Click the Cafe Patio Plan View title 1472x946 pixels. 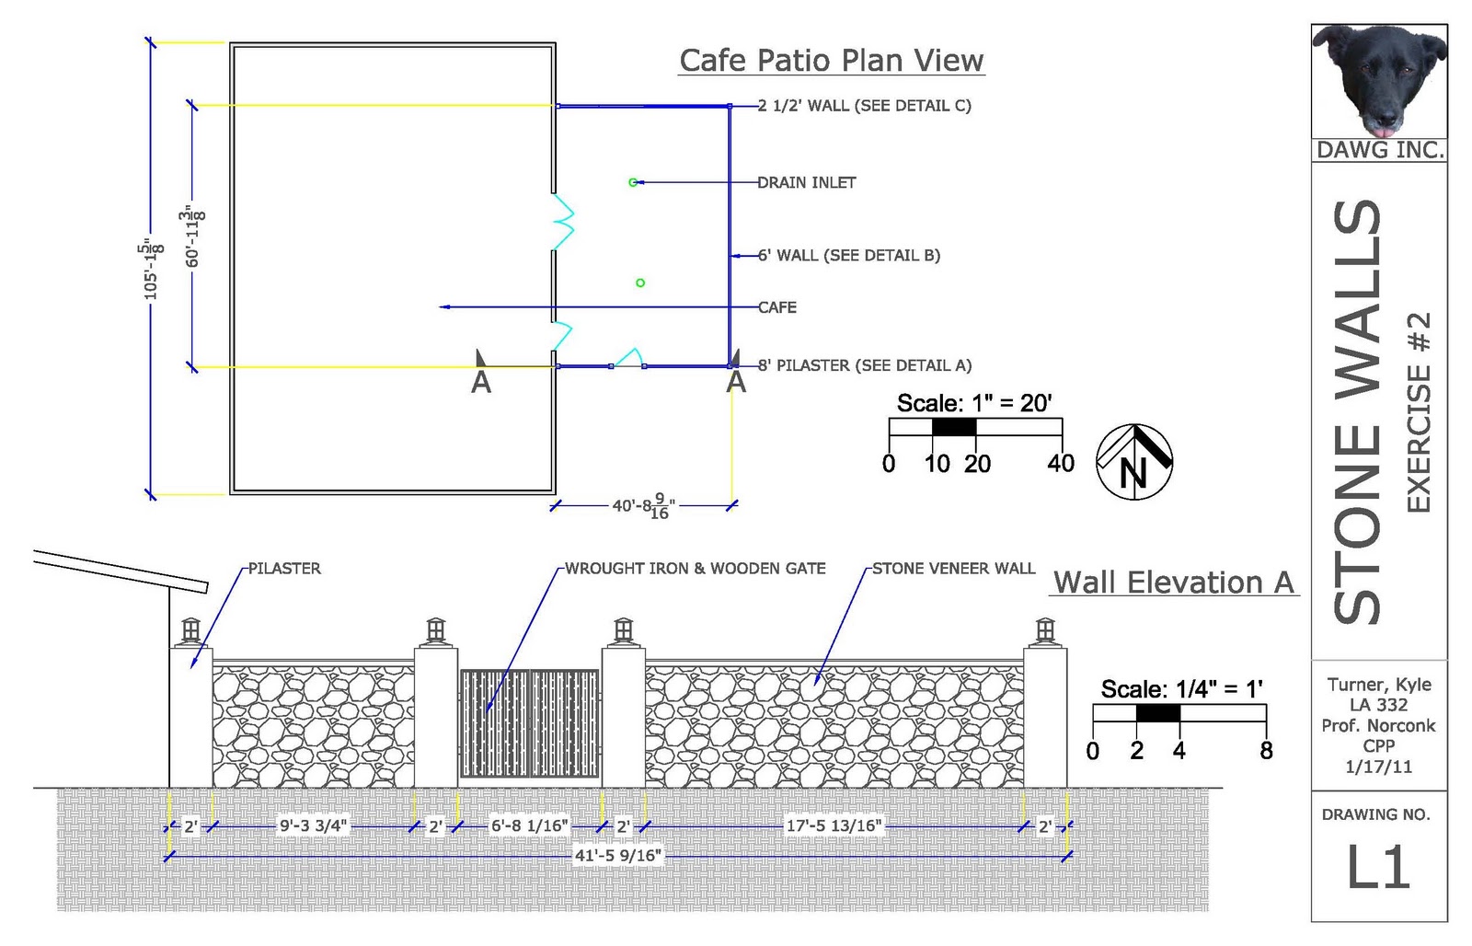pyautogui.click(x=832, y=61)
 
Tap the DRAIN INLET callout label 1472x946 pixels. pyautogui.click(x=806, y=182)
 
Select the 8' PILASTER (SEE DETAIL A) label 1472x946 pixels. pyautogui.click(x=865, y=365)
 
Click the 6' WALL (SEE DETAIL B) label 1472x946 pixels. pyautogui.click(x=848, y=255)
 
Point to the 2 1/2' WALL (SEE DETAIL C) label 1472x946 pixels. pyautogui.click(x=865, y=106)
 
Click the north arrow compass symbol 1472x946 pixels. pyautogui.click(x=1134, y=462)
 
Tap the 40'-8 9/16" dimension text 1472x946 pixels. pyautogui.click(x=643, y=506)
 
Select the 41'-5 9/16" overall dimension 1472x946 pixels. pyautogui.click(x=617, y=856)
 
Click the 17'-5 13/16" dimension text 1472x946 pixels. pyautogui.click(x=834, y=826)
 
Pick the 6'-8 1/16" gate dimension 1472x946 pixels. pyautogui.click(x=529, y=826)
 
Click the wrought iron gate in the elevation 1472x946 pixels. pyautogui.click(x=529, y=723)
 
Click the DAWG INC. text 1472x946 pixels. pyautogui.click(x=1379, y=150)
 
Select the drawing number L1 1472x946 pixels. pyautogui.click(x=1378, y=868)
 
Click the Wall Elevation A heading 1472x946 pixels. pyautogui.click(x=1173, y=583)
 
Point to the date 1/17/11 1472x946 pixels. pyautogui.click(x=1378, y=767)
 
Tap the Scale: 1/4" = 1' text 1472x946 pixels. pyautogui.click(x=1181, y=689)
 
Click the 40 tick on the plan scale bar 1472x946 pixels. pyautogui.click(x=1060, y=463)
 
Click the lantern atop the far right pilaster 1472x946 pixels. pyautogui.click(x=1045, y=630)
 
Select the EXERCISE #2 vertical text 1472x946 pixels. pyautogui.click(x=1419, y=412)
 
